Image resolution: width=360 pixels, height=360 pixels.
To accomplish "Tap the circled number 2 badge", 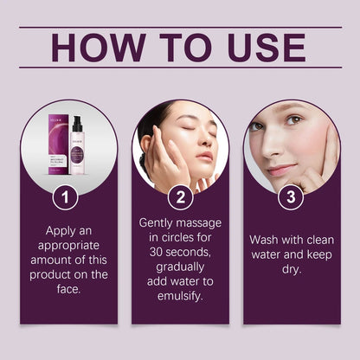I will click(179, 197).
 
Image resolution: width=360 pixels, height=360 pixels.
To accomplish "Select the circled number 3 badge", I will click(291, 197).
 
